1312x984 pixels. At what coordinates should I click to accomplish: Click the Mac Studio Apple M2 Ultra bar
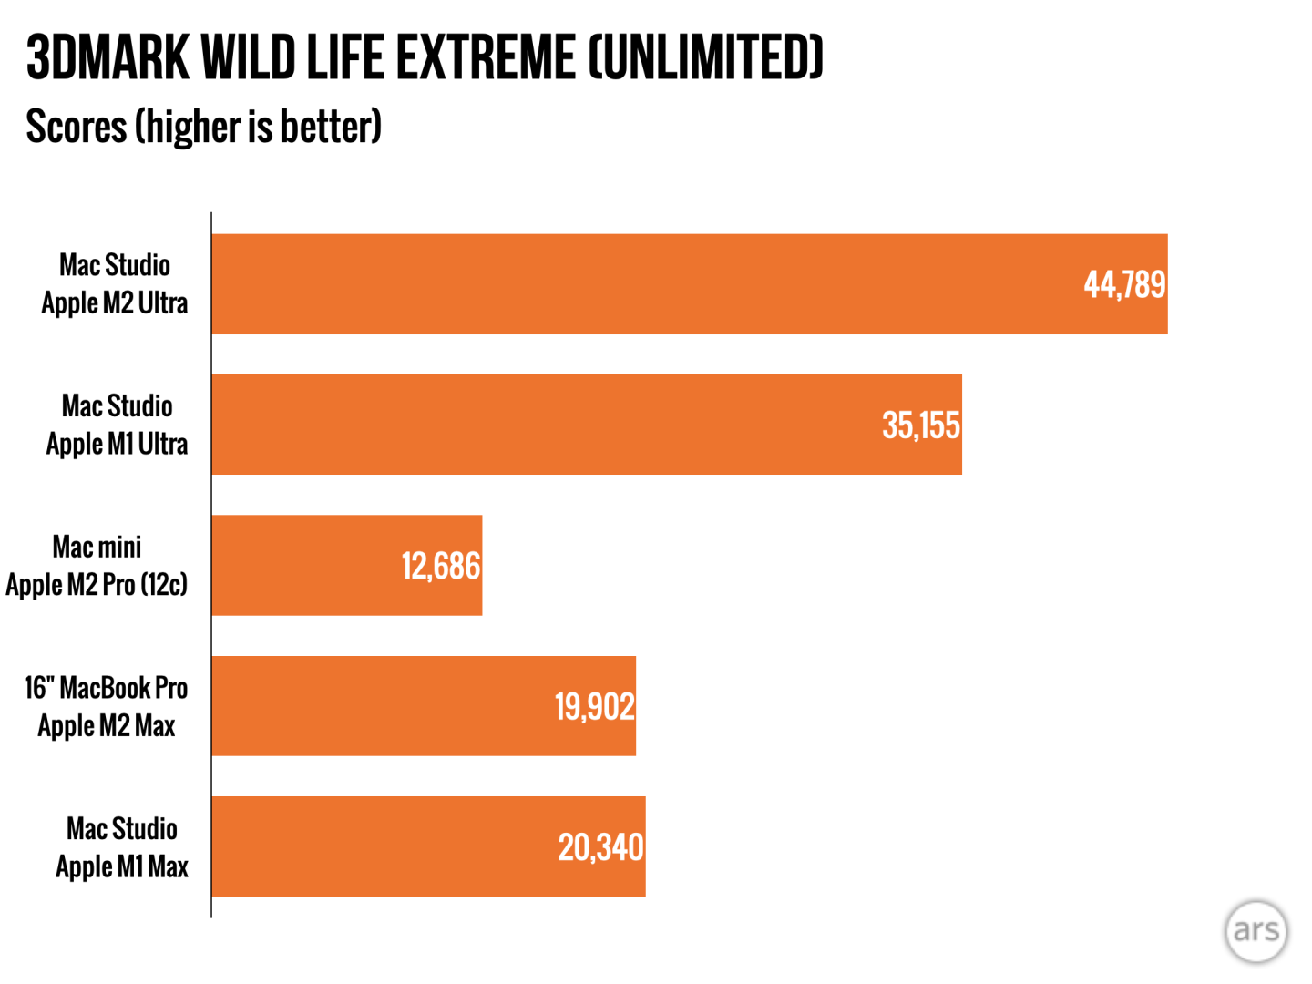[x=638, y=284]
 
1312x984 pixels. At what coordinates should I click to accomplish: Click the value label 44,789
[x=1124, y=285]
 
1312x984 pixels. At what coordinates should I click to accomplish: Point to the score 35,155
[x=921, y=425]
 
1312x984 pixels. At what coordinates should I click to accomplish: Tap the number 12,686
[x=441, y=567]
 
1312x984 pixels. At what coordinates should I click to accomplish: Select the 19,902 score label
[x=594, y=707]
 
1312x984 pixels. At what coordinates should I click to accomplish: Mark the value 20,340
[x=600, y=847]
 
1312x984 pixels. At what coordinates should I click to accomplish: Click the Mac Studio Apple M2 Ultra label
[x=115, y=284]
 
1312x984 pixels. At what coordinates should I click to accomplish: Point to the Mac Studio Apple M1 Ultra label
[x=117, y=425]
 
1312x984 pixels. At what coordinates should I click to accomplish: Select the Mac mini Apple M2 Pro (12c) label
[x=97, y=566]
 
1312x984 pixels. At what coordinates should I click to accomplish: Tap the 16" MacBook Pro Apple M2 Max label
[x=106, y=706]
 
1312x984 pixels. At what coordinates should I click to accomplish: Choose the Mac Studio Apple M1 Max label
[x=122, y=846]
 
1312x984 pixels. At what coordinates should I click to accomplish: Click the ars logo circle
[x=1256, y=931]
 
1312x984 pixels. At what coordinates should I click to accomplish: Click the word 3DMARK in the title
[x=108, y=57]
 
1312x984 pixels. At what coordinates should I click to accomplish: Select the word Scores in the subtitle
[x=76, y=126]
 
